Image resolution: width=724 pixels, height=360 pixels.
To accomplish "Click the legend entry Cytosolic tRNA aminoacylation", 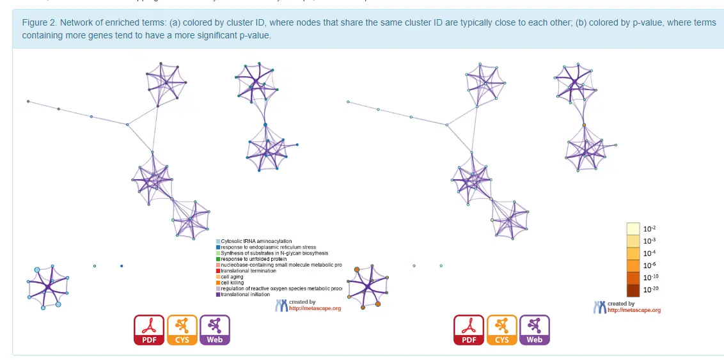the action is tap(256, 241).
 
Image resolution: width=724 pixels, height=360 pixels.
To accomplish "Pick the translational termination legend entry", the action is tap(249, 270).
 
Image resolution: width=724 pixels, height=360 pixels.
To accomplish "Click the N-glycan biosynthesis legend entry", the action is tap(274, 253).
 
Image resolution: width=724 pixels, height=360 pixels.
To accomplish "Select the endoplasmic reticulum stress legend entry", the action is tap(268, 247).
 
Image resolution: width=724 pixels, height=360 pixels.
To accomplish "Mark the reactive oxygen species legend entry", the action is tap(281, 288).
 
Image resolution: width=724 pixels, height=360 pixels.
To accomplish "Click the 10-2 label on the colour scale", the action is tap(649, 228).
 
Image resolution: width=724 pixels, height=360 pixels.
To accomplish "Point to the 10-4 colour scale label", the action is tap(649, 253).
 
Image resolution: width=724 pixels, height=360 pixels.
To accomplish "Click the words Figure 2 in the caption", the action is tap(39, 23).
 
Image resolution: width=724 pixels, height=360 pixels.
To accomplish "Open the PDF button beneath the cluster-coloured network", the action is tap(149, 330).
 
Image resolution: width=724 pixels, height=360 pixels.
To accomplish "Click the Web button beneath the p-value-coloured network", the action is tap(534, 330).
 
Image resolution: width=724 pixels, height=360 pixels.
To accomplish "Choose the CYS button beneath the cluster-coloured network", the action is tap(182, 330).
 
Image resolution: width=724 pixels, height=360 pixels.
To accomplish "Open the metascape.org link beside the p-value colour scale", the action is tap(634, 310).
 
